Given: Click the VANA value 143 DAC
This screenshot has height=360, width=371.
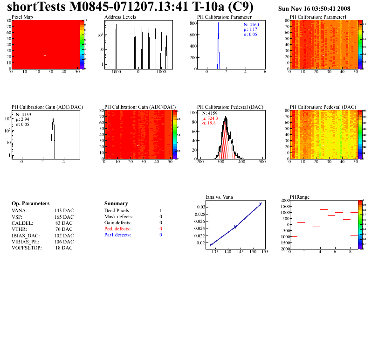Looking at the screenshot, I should click(x=64, y=211).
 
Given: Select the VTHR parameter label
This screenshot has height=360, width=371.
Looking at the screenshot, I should click(x=20, y=229).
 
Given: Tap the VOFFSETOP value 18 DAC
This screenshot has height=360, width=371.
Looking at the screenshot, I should click(x=64, y=248).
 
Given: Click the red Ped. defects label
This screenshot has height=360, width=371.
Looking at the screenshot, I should click(x=118, y=229).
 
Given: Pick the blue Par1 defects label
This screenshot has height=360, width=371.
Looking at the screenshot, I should click(x=118, y=235).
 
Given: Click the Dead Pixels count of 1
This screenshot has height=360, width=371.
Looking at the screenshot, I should click(x=160, y=211).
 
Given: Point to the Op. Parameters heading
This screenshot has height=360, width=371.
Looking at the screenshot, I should click(x=30, y=204).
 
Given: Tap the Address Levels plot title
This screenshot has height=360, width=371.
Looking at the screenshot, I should click(x=120, y=17).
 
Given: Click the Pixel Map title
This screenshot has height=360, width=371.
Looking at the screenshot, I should click(x=22, y=17).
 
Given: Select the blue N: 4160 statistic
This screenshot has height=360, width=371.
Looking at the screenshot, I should click(x=251, y=24).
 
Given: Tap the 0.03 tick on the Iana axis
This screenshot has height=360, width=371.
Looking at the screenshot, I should click(x=199, y=207).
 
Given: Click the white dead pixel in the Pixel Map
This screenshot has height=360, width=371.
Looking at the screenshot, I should click(x=45, y=56).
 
